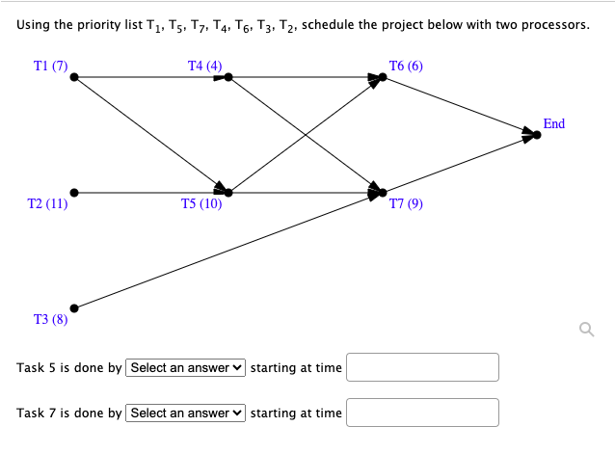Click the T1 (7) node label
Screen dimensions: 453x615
[x=50, y=67]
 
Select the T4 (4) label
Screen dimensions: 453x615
[x=204, y=67]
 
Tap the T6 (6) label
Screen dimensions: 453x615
[x=405, y=67]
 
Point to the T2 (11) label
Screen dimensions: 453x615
[x=48, y=204]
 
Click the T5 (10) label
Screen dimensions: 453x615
[x=201, y=204]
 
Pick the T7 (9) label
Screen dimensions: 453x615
[x=406, y=204]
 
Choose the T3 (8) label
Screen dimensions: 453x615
[x=50, y=320]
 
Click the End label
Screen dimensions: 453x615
[x=554, y=124]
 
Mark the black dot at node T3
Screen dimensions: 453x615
[x=74, y=308]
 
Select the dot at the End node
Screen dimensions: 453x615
[x=538, y=135]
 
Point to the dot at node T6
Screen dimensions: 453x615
[x=383, y=77]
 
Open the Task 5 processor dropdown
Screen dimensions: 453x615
[x=186, y=367]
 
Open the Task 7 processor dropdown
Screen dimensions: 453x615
[x=186, y=413]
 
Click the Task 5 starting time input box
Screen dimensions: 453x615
[x=422, y=367]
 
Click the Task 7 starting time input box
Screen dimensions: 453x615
[x=422, y=413]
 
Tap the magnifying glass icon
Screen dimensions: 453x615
[x=583, y=331]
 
